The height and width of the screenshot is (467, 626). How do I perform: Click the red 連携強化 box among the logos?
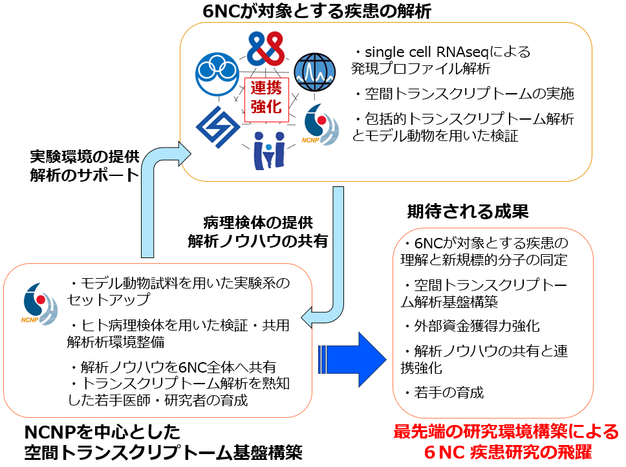point(266,100)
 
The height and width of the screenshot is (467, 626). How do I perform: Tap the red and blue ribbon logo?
point(266,49)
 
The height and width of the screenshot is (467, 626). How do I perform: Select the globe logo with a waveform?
point(314,72)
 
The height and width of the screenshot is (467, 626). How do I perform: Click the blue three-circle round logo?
point(217,74)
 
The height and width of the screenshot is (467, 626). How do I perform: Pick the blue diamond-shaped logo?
point(218,127)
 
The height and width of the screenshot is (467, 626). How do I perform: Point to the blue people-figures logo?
point(270,151)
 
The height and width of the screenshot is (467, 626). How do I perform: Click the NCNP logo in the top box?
point(320,125)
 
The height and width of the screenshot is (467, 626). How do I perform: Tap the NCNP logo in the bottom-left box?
point(39,304)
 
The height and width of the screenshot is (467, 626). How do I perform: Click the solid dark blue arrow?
point(352,359)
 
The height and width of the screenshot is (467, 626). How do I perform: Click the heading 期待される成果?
point(468,211)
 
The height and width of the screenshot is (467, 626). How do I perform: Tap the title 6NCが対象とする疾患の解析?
point(317,11)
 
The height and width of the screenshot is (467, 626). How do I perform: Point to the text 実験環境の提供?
point(85,157)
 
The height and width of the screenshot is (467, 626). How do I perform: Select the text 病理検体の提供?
point(258,223)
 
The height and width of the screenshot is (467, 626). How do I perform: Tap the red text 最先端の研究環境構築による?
point(506,432)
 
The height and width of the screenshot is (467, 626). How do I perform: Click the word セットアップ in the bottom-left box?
point(108,299)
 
